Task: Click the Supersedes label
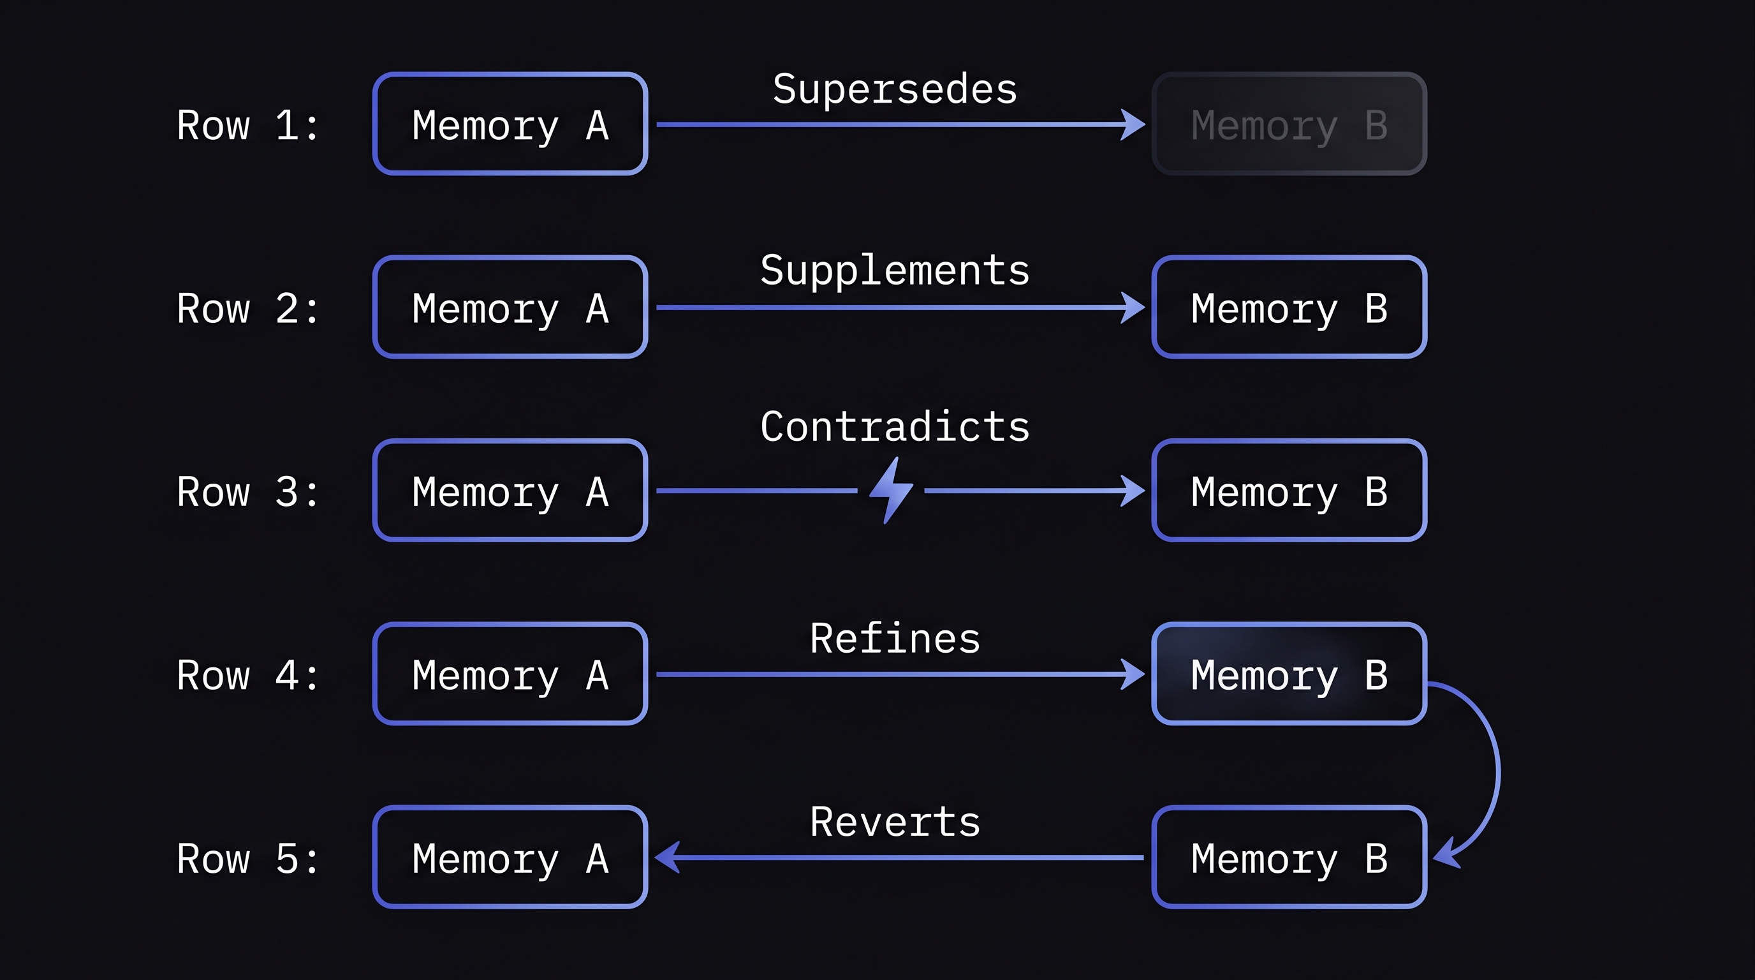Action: point(895,90)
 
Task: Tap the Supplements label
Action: point(895,271)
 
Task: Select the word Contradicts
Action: point(895,427)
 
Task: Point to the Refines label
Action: point(895,639)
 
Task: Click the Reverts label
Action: point(895,822)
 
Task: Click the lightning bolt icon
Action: point(891,490)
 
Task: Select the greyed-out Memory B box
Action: point(1288,124)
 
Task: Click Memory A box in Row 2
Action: point(510,308)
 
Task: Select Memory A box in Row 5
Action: point(510,857)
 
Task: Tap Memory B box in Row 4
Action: point(1288,674)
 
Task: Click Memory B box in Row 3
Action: point(1288,491)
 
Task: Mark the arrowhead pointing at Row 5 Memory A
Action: point(668,857)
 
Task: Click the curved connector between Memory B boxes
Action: point(1497,770)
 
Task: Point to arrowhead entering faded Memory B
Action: point(1133,124)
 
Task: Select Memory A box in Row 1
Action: point(510,124)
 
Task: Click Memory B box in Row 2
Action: point(1288,308)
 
